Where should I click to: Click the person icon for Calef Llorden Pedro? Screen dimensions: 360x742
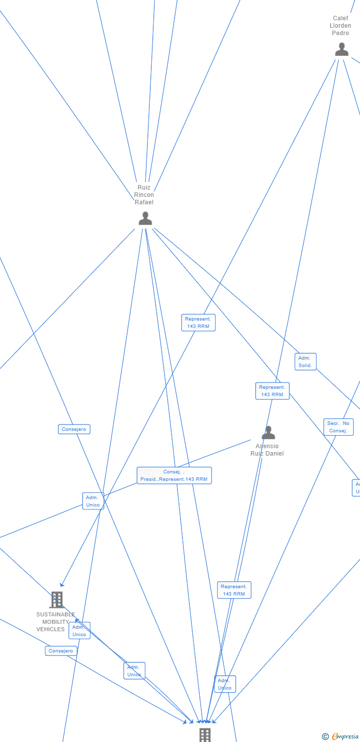[x=342, y=49]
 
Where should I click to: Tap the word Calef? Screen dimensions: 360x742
[x=340, y=18]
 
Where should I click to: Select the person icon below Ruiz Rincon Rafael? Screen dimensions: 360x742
[x=145, y=218]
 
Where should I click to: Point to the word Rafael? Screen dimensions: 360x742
[x=144, y=202]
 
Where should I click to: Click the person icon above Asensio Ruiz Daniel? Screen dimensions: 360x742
[x=268, y=433]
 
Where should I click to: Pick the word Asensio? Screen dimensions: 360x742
[x=267, y=446]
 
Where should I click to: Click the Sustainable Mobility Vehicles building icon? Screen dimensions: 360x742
[x=57, y=600]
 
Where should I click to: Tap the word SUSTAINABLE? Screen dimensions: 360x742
[x=55, y=614]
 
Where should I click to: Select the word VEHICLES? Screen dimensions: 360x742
[x=50, y=629]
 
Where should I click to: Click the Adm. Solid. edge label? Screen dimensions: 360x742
[x=305, y=362]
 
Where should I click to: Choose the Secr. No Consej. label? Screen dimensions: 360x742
[x=339, y=427]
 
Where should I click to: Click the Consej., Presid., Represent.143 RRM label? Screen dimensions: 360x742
[x=174, y=475]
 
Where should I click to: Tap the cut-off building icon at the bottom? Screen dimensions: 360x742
[x=205, y=735]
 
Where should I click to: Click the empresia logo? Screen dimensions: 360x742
[x=345, y=737]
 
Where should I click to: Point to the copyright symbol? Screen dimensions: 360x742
[x=325, y=737]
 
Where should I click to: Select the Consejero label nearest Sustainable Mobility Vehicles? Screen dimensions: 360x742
[x=61, y=651]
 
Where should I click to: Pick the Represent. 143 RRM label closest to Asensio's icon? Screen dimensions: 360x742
[x=272, y=391]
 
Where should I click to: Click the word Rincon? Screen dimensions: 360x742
[x=144, y=195]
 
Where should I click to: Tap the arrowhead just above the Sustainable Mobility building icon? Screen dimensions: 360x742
[x=62, y=585]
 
